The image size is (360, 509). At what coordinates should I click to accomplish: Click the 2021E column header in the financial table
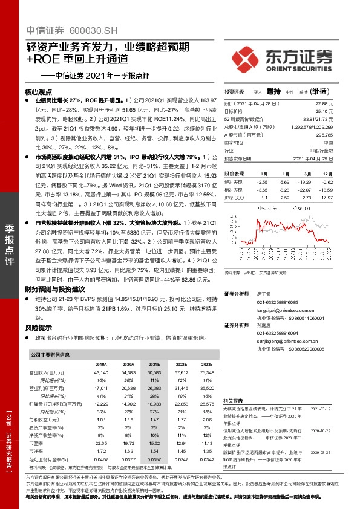(154, 365)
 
